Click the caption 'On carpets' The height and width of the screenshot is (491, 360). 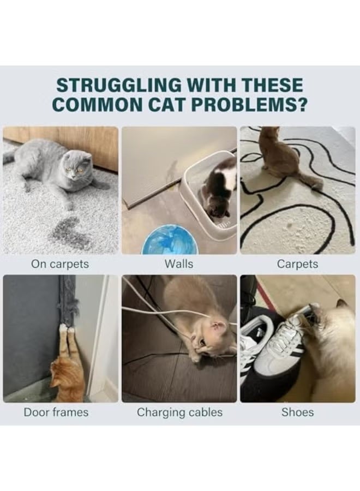click(x=60, y=264)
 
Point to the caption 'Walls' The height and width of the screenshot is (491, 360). click(x=179, y=264)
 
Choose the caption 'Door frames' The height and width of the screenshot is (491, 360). click(x=56, y=412)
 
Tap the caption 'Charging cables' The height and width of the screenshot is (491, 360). click(x=179, y=412)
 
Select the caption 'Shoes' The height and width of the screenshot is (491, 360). click(x=297, y=412)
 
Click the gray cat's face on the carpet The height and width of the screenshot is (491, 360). click(x=76, y=166)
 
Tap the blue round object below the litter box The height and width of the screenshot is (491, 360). click(x=165, y=239)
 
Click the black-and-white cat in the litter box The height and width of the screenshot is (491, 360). click(x=219, y=188)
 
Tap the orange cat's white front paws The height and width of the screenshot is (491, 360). click(x=67, y=328)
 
